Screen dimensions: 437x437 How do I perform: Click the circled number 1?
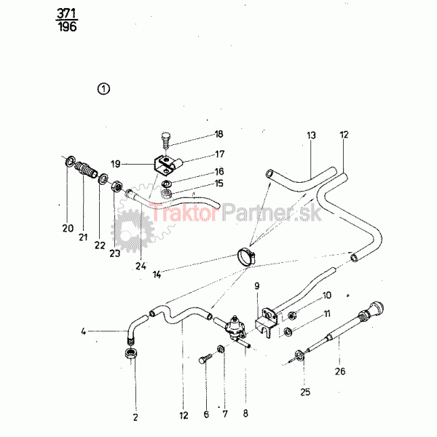click(104, 89)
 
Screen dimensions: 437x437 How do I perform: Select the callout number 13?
click(311, 135)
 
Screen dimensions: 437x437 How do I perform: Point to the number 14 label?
click(157, 274)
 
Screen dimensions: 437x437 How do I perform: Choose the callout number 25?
click(305, 392)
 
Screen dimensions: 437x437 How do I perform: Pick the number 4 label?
click(84, 332)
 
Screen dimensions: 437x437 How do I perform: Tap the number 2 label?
click(135, 417)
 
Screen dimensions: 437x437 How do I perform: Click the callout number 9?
click(257, 286)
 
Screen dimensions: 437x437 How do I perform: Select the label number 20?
click(68, 229)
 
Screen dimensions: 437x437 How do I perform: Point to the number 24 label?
click(141, 265)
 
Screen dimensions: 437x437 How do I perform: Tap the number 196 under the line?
click(66, 28)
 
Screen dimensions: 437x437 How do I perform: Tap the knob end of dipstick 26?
click(378, 307)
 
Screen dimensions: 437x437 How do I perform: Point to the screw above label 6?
click(205, 358)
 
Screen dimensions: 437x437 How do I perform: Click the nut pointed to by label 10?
click(291, 315)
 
